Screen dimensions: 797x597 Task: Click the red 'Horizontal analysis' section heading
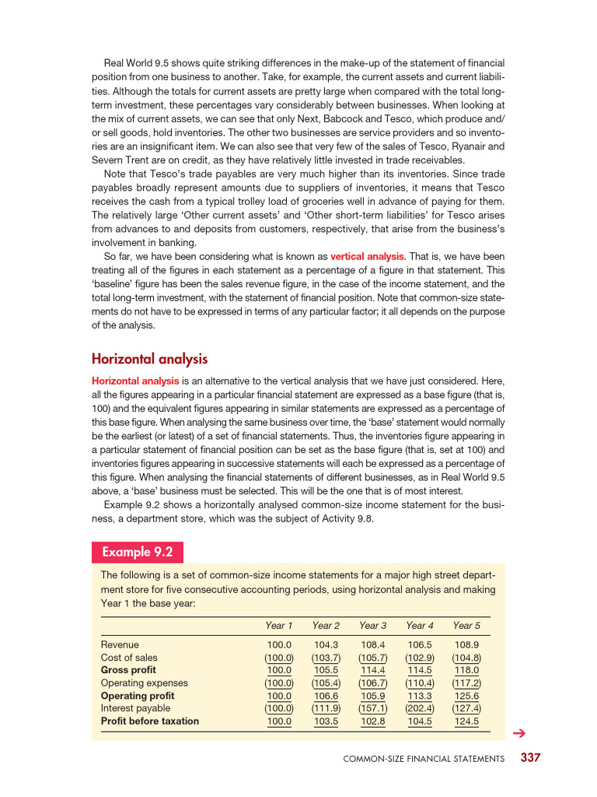coord(149,359)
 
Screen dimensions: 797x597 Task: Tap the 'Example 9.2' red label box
coord(138,553)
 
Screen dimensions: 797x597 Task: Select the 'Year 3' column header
coord(373,626)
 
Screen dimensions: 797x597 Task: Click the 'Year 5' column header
coord(466,626)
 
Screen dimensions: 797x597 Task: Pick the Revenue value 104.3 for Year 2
coord(326,645)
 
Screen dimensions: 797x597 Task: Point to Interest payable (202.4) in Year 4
coord(420,708)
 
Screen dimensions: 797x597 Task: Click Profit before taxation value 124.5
coord(466,722)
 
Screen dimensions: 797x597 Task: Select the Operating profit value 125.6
coord(466,696)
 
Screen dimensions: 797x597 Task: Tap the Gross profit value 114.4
coord(373,670)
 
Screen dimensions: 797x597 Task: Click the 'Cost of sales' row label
coord(129,658)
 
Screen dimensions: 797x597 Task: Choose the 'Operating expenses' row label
coord(145,683)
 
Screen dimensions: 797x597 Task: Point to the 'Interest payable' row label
coord(136,708)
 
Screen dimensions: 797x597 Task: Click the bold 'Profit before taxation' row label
coord(150,722)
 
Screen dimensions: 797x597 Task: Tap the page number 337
coord(530,757)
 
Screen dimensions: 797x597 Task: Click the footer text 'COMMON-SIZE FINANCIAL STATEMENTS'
coord(424,759)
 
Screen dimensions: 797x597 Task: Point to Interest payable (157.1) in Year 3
coord(373,708)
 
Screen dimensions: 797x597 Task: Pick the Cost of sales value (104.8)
coord(466,658)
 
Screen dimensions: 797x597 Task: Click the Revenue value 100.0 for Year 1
coord(279,645)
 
